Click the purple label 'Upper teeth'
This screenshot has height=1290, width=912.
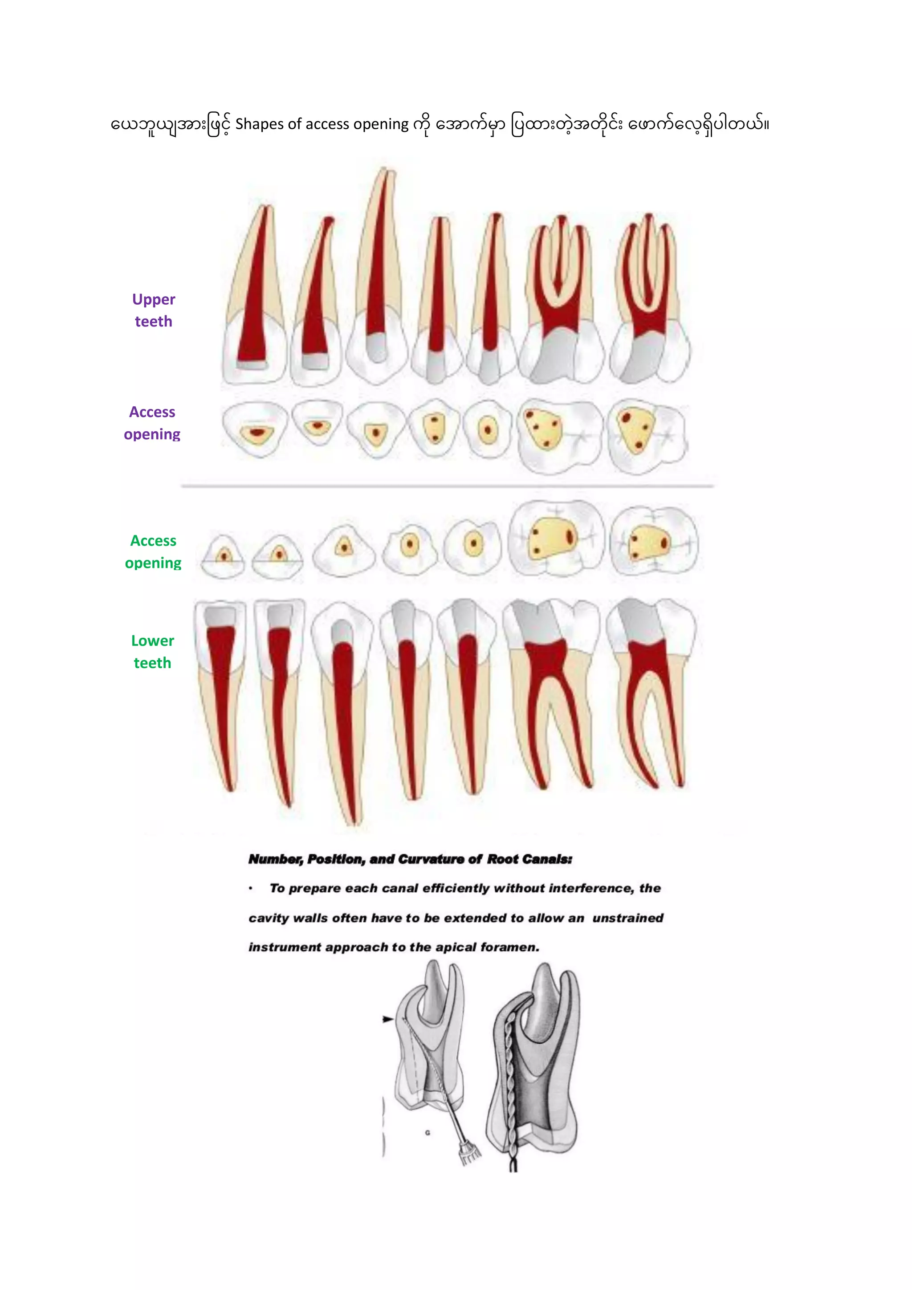pos(153,310)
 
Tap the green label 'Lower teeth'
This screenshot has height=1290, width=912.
pos(152,652)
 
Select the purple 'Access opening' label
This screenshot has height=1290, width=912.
pos(152,423)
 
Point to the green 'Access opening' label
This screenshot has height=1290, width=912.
pos(153,552)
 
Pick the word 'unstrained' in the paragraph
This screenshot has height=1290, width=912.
pos(627,918)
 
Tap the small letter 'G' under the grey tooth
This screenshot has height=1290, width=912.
pos(427,1133)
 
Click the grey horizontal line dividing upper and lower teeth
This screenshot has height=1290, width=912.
pos(447,486)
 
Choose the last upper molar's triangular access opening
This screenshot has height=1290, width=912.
pos(636,430)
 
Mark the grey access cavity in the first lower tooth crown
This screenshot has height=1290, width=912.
pos(220,616)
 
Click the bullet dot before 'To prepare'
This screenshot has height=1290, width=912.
pos(251,888)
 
